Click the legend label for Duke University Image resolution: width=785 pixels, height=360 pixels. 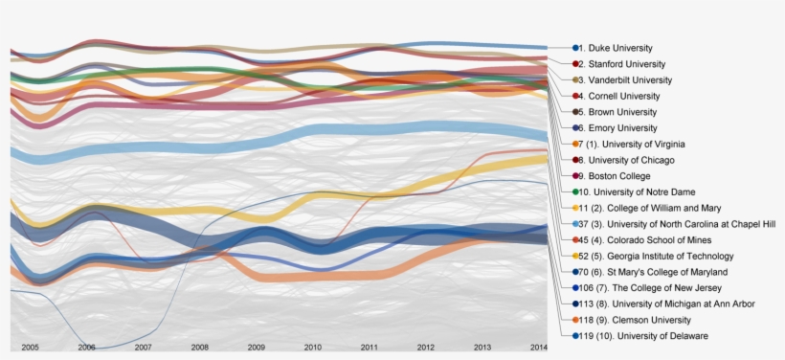[x=620, y=48]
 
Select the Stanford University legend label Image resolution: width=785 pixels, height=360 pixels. [x=625, y=64]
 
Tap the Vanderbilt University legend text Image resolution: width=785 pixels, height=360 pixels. [x=630, y=80]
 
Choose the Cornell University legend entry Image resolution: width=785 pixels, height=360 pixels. [x=624, y=96]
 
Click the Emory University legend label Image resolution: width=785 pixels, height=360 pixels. [x=622, y=128]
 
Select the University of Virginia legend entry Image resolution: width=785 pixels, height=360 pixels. [x=636, y=144]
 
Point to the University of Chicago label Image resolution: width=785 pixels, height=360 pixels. [x=631, y=160]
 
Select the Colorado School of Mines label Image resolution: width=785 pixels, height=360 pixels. [x=651, y=239]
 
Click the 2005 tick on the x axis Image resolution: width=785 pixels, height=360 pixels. [x=30, y=347]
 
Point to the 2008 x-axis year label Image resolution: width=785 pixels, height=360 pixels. [x=199, y=347]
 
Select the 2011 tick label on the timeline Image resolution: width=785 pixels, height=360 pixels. [x=369, y=347]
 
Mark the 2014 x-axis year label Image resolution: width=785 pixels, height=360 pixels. [x=538, y=347]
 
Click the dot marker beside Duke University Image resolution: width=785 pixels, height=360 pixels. [x=576, y=48]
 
